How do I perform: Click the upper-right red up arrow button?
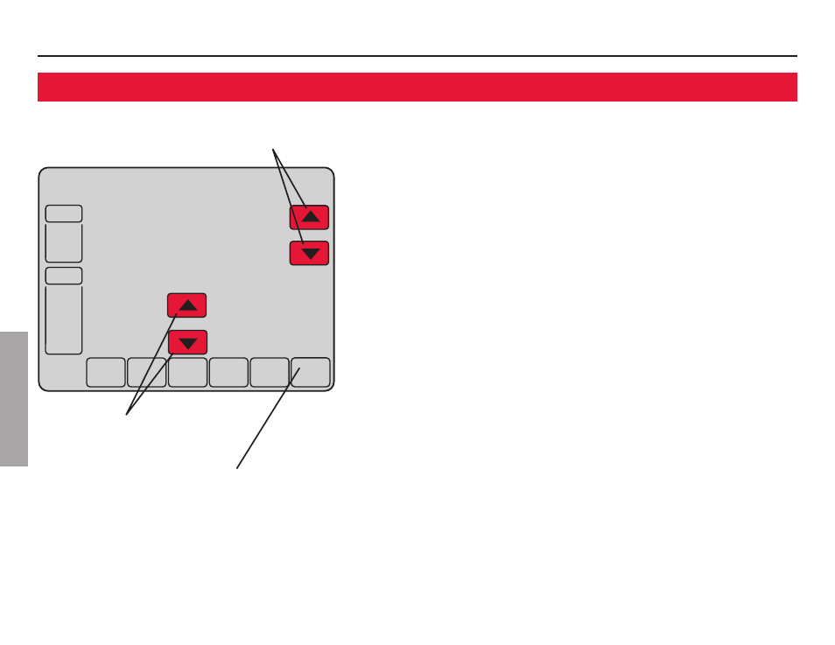[x=309, y=217]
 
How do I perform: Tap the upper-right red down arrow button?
[x=309, y=254]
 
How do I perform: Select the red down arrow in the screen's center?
[x=187, y=342]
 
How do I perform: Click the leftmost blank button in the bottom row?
[x=106, y=373]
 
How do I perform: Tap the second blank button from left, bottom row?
[x=146, y=373]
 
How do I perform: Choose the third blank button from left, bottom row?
[x=187, y=373]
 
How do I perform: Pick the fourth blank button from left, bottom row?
[x=228, y=373]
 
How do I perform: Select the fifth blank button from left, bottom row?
[x=270, y=373]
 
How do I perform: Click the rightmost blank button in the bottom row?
[x=311, y=373]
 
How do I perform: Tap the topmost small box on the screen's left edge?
[x=64, y=214]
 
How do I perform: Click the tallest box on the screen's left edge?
[x=64, y=319]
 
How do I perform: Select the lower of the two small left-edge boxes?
[x=64, y=276]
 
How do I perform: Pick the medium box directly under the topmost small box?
[x=64, y=242]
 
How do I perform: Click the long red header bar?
[x=417, y=87]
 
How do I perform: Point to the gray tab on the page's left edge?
[x=14, y=398]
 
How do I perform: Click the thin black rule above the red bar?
[x=417, y=56]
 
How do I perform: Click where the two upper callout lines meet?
[x=274, y=148]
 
